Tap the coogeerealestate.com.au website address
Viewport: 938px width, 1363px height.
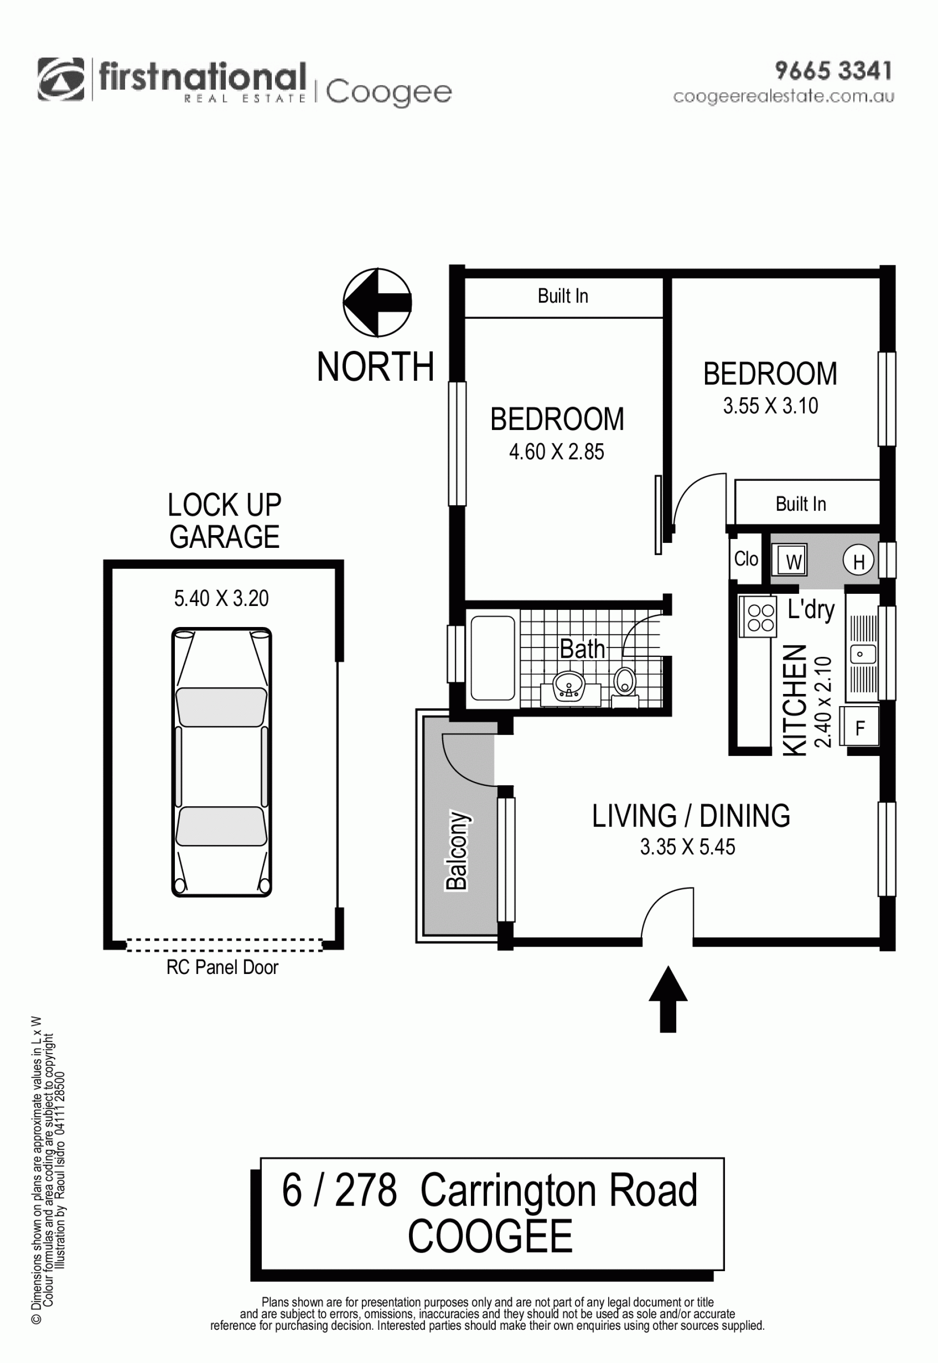point(784,96)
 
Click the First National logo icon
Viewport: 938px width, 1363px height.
point(61,79)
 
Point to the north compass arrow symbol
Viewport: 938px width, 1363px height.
point(377,303)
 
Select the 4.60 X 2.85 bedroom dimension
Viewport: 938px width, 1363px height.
point(556,452)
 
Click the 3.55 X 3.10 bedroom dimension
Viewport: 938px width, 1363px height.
point(770,406)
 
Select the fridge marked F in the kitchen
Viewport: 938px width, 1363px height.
point(860,727)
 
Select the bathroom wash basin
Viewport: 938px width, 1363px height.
point(569,686)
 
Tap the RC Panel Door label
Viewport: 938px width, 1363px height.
point(222,967)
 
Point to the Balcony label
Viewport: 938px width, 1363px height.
point(457,850)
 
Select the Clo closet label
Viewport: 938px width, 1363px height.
point(746,559)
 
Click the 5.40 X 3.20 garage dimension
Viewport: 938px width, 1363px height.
point(221,598)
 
